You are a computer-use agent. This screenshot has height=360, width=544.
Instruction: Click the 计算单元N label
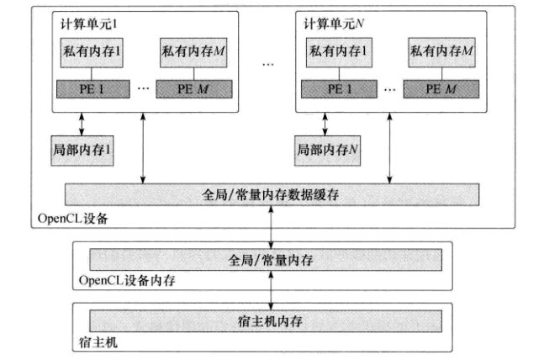[x=330, y=20]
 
